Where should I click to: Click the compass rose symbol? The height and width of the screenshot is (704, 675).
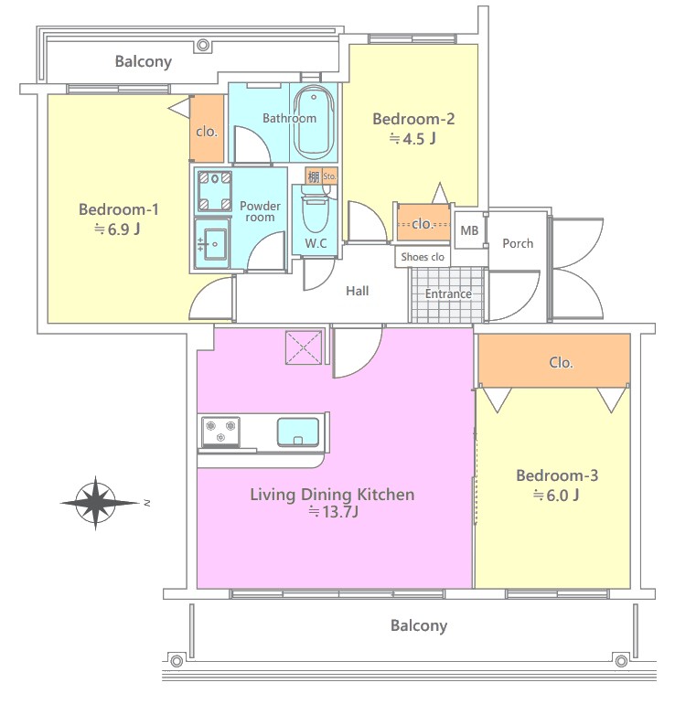(x=96, y=503)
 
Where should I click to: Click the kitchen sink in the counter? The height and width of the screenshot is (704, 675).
(x=298, y=432)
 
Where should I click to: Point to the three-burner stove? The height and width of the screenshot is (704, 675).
(x=220, y=432)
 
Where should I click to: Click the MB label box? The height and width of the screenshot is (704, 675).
(x=469, y=230)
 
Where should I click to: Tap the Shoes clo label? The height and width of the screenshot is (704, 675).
(x=423, y=257)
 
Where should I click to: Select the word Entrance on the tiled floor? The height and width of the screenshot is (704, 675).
(x=448, y=293)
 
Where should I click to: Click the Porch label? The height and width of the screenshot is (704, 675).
(x=518, y=243)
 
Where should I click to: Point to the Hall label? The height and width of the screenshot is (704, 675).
(x=357, y=291)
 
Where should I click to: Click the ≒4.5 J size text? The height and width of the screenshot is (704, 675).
(x=412, y=139)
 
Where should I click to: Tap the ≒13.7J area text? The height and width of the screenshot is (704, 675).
(x=333, y=512)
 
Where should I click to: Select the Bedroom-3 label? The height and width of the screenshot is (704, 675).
(x=557, y=475)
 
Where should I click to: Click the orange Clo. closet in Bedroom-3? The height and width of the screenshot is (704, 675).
(x=554, y=360)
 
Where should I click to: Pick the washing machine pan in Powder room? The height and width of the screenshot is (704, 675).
(x=215, y=191)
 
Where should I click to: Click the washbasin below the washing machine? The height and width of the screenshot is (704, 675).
(x=212, y=244)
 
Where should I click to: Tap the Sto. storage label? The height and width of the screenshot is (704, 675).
(x=329, y=176)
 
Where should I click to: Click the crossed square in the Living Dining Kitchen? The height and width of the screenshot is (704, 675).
(x=304, y=347)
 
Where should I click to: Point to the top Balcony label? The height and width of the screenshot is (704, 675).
(x=144, y=61)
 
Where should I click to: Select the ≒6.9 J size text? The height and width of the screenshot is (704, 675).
(x=117, y=229)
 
